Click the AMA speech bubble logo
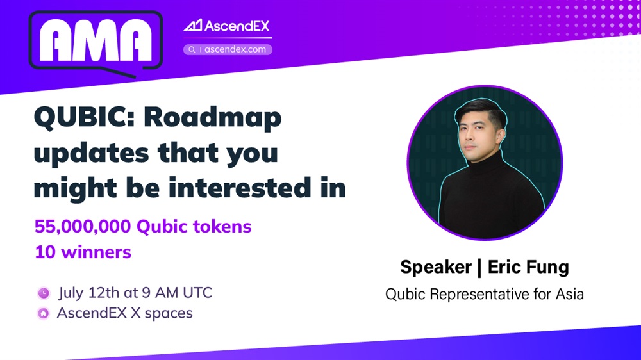tap(96, 44)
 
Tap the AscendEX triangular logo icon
tap(193, 26)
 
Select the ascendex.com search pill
tap(228, 49)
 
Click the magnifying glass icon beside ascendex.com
tap(192, 49)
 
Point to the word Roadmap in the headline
tap(213, 118)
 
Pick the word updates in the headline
tap(91, 153)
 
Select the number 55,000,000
tap(83, 227)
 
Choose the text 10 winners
tap(83, 252)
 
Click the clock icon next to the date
tap(44, 293)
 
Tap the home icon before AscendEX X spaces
tap(44, 313)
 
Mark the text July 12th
tap(88, 293)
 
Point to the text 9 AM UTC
tap(177, 293)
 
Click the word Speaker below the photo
tap(436, 267)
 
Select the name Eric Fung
tap(528, 267)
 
